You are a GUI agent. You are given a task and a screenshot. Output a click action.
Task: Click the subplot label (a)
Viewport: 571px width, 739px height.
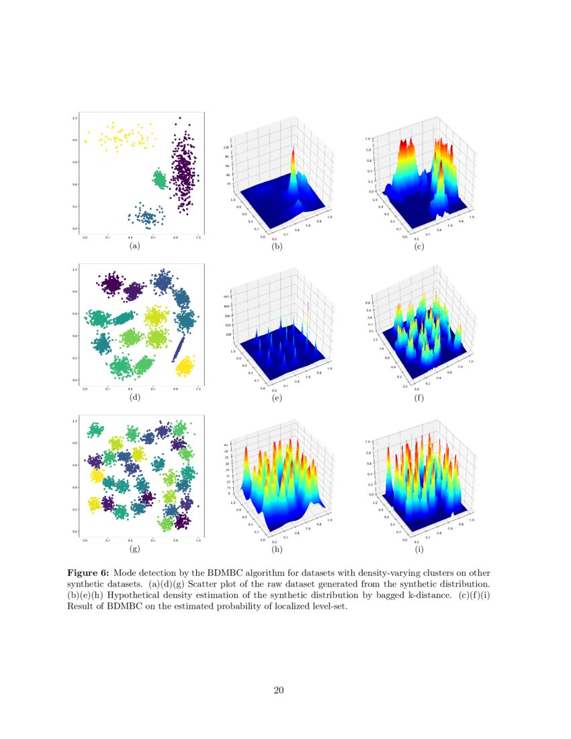click(x=135, y=246)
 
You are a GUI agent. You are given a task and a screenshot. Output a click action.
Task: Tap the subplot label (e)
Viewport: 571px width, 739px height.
click(x=277, y=398)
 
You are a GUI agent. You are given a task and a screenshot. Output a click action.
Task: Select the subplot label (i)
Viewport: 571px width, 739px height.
click(x=419, y=550)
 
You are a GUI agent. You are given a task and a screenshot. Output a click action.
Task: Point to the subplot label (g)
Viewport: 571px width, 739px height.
click(x=135, y=549)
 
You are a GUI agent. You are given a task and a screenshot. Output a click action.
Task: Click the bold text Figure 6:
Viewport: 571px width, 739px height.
click(x=88, y=573)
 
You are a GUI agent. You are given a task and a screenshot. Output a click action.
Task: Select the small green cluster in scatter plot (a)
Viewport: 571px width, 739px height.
click(x=159, y=179)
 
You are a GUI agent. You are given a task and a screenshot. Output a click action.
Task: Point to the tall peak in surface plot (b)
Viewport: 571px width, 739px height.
click(x=293, y=161)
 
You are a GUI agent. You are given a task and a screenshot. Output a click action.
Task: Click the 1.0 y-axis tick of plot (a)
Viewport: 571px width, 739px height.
click(x=75, y=118)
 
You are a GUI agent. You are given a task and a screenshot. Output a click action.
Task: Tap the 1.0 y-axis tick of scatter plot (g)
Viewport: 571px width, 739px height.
click(x=75, y=421)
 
